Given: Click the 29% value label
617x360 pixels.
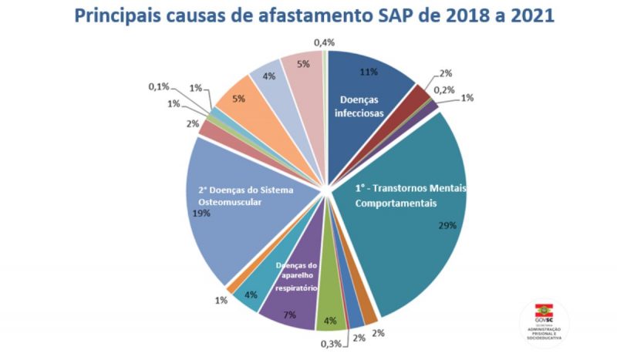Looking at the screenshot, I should pos(447,226).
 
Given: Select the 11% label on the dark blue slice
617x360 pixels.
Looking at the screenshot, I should pos(369,72).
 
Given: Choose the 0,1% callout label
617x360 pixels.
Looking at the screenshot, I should pos(159,86).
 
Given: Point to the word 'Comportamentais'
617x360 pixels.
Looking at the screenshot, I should pos(395,204).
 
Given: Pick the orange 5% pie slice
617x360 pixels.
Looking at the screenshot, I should pos(238,96).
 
